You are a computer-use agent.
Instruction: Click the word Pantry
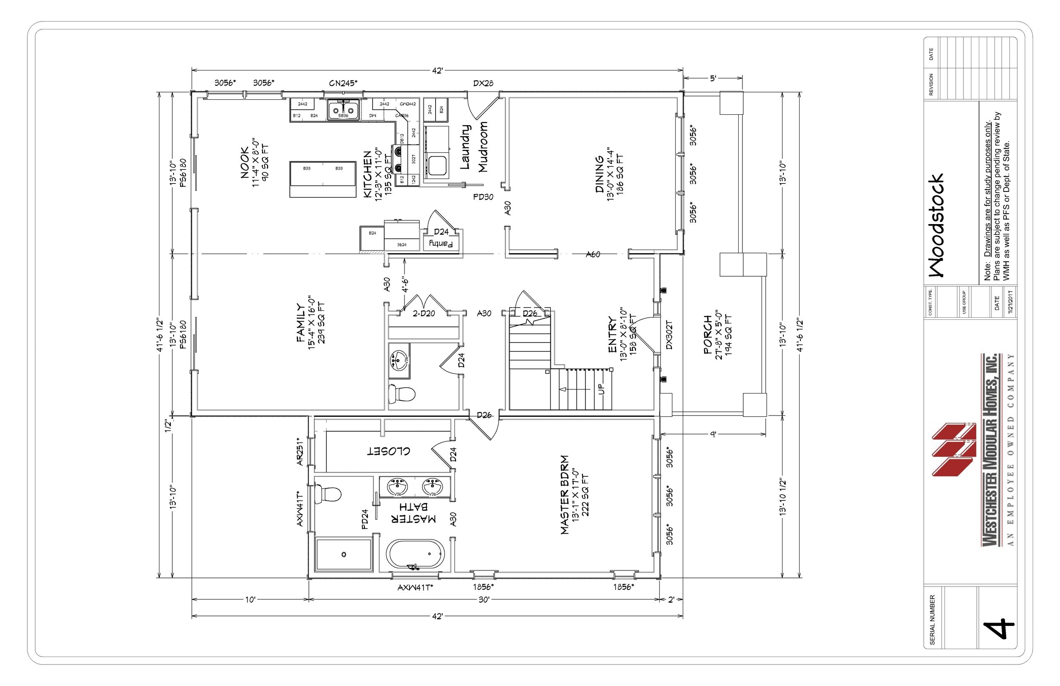pyautogui.click(x=441, y=244)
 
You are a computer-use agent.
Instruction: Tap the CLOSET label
pyautogui.click(x=388, y=451)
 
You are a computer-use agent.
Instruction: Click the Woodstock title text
pyautogui.click(x=936, y=225)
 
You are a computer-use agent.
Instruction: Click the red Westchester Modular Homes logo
pyautogui.click(x=954, y=450)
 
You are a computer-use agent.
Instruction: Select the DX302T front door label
pyautogui.click(x=669, y=335)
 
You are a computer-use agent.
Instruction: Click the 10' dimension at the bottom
pyautogui.click(x=250, y=599)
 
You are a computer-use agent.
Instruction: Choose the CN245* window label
pyautogui.click(x=343, y=83)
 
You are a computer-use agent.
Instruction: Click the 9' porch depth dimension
pyautogui.click(x=713, y=434)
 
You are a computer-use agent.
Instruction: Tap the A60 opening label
pyautogui.click(x=593, y=254)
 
